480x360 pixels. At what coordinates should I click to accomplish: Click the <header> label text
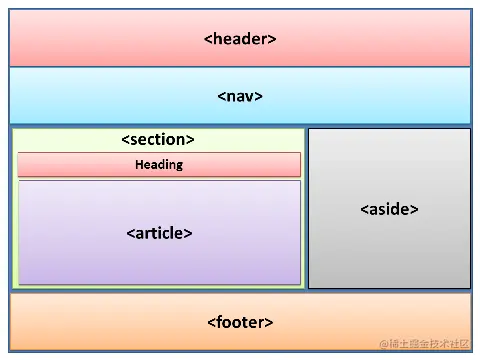[x=240, y=39]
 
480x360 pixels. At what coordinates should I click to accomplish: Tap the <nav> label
[x=240, y=96]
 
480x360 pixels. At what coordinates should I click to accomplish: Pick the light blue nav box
[x=100, y=96]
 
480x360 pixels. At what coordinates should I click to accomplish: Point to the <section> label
[x=158, y=140]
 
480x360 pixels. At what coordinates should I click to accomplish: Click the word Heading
[x=159, y=164]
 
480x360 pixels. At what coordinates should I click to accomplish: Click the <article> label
[x=159, y=233]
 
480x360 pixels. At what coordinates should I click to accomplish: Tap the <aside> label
[x=389, y=209]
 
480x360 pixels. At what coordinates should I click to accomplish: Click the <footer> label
[x=240, y=322]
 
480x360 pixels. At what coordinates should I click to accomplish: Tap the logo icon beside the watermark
[x=371, y=344]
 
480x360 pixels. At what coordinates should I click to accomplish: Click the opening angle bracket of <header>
[x=208, y=39]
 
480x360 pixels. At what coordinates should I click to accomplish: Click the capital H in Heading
[x=139, y=164]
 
